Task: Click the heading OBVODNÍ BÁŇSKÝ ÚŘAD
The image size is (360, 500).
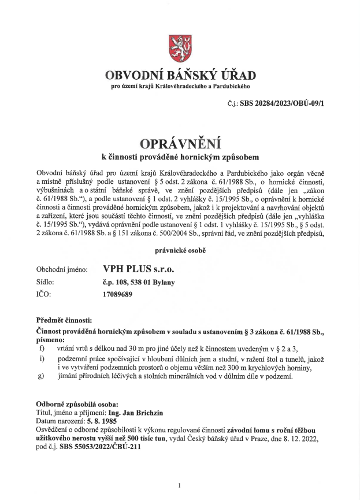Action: (180, 76)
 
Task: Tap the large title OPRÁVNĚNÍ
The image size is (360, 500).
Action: (180, 142)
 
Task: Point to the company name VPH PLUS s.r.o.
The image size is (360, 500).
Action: (138, 269)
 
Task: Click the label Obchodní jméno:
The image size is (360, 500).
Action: (62, 269)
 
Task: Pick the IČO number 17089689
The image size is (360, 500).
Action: (118, 294)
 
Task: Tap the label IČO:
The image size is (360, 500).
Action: (44, 294)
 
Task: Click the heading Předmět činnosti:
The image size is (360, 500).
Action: (64, 320)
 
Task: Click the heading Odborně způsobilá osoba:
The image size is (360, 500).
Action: (76, 403)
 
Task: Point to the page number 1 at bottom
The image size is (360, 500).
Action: (180, 486)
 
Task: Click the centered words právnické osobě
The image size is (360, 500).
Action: (180, 250)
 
